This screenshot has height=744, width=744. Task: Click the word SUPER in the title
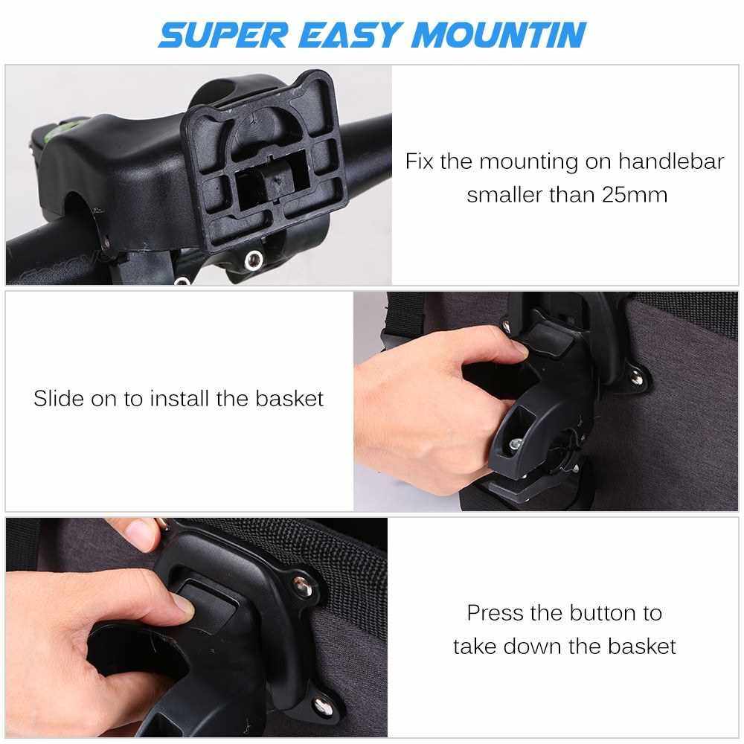coord(223,35)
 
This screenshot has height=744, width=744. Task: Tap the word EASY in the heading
coord(349,35)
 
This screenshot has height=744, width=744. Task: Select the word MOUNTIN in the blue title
coord(498,35)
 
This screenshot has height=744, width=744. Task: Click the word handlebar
coord(671,161)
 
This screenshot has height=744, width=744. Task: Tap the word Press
coord(496,613)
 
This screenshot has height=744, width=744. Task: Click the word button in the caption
coord(602,613)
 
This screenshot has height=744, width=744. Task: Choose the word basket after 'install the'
coord(289,398)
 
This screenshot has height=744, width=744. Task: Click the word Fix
coord(420,161)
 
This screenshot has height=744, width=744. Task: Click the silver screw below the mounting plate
coord(254,260)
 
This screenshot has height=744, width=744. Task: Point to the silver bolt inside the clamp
coord(516,445)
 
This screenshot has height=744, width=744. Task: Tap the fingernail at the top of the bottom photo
coord(141,533)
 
